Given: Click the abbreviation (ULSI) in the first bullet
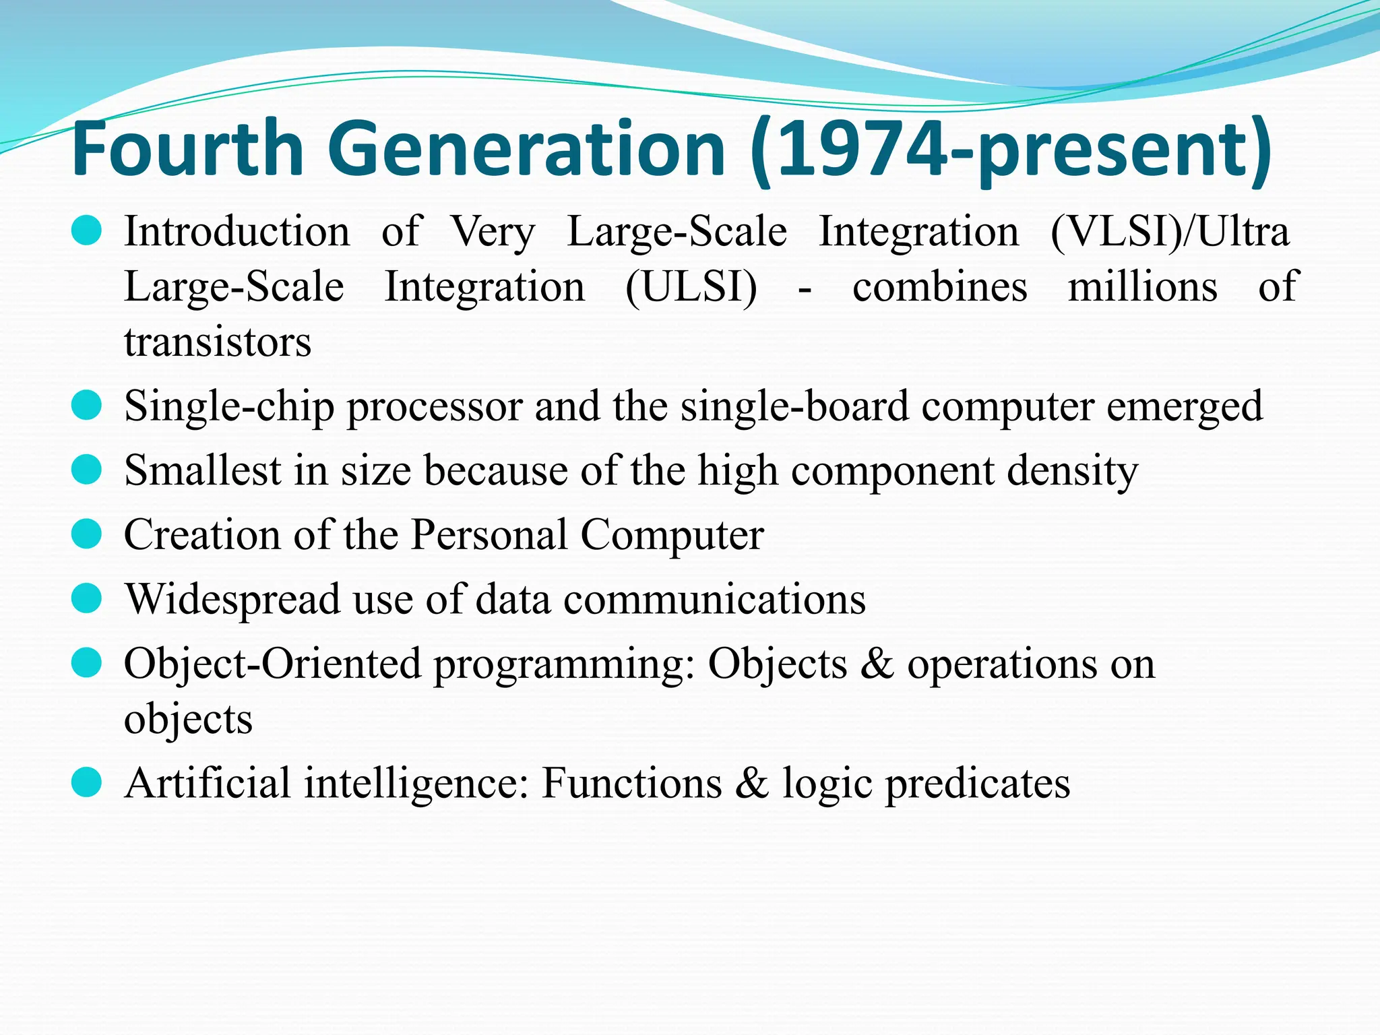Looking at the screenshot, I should point(691,287).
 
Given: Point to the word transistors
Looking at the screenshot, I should point(218,342).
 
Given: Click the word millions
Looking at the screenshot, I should point(1143,287).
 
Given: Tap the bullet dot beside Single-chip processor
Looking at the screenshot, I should point(86,406).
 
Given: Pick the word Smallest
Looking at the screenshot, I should point(203,470).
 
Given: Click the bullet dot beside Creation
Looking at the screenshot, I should point(86,534).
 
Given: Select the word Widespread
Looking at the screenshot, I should point(232,599).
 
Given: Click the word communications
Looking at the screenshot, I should point(715,599).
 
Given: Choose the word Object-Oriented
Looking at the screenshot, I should point(273,664).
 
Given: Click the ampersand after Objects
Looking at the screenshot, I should point(877,664).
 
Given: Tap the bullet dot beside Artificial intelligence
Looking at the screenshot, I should point(86,782).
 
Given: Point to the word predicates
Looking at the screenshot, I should point(977,784).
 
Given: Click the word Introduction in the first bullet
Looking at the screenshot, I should point(237,232).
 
